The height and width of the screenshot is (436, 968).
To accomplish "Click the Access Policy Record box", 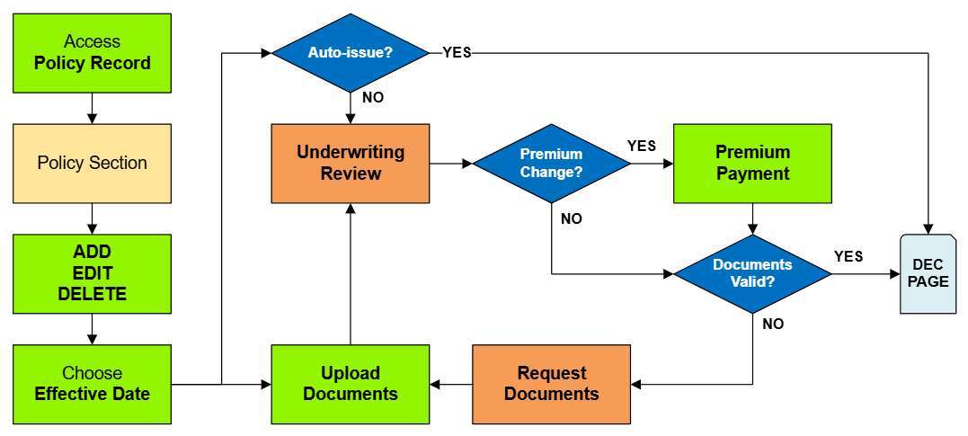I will (x=92, y=53).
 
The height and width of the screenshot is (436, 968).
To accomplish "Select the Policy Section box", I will (x=92, y=164).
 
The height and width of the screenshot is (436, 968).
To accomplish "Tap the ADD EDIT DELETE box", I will (x=92, y=274).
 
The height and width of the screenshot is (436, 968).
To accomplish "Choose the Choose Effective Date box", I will (x=92, y=384).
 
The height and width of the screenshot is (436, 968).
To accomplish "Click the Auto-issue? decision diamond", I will (x=351, y=53).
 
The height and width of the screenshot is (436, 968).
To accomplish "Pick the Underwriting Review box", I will (x=351, y=164).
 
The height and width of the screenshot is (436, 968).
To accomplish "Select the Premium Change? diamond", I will (x=551, y=164).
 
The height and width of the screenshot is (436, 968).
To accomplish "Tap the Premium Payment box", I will (x=752, y=164).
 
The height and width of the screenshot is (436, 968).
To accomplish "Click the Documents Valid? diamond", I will (x=752, y=273).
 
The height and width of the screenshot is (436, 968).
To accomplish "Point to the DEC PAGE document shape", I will (x=928, y=273).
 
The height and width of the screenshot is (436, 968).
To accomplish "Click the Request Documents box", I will (x=551, y=384).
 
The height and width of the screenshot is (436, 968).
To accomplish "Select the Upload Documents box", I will (x=351, y=384).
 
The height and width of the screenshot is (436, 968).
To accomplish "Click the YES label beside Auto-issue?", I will (x=457, y=53).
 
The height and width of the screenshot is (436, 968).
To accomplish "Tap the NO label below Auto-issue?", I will (x=373, y=97).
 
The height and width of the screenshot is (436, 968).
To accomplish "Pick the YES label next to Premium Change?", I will (x=641, y=146).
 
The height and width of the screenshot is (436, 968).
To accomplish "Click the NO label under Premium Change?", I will (x=571, y=218).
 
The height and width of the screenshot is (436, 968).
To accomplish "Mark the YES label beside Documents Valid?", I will (x=848, y=256).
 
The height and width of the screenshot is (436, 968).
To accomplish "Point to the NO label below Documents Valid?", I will (x=773, y=325).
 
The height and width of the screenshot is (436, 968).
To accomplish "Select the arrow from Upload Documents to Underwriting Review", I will (x=351, y=274).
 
